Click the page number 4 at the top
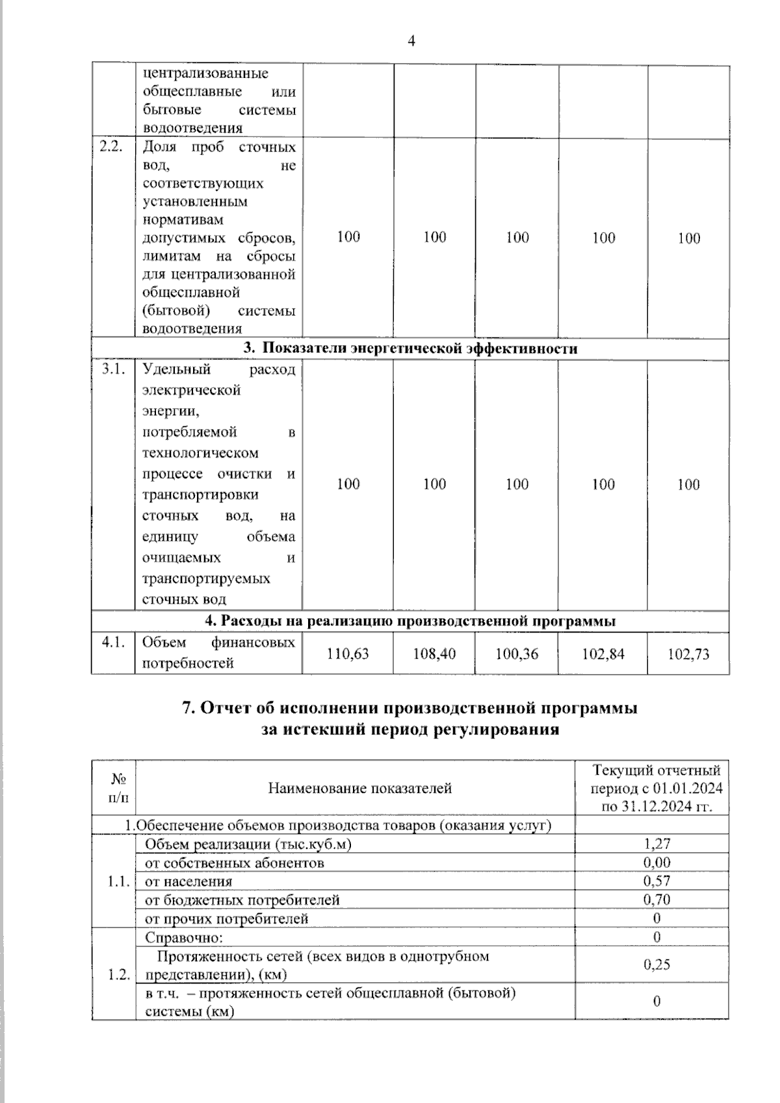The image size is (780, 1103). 411,42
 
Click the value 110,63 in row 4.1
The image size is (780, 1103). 348,654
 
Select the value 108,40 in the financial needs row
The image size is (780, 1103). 434,654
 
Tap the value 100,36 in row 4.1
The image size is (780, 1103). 517,654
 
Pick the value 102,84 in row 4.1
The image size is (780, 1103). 603,654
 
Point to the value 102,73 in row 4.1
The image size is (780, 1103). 689,654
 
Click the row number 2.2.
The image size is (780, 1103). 111,146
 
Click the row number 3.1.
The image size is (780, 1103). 112,370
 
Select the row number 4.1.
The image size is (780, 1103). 112,642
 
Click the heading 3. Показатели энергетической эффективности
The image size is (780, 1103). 410,348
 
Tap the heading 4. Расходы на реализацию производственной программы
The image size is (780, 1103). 410,621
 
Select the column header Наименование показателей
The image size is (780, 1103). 359,788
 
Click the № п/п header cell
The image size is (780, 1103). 118,788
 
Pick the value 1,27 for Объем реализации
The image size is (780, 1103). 656,844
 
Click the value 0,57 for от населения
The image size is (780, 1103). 656,881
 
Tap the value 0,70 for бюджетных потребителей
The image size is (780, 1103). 656,900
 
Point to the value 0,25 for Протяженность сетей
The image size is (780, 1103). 656,965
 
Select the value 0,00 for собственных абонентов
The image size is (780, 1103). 656,863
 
